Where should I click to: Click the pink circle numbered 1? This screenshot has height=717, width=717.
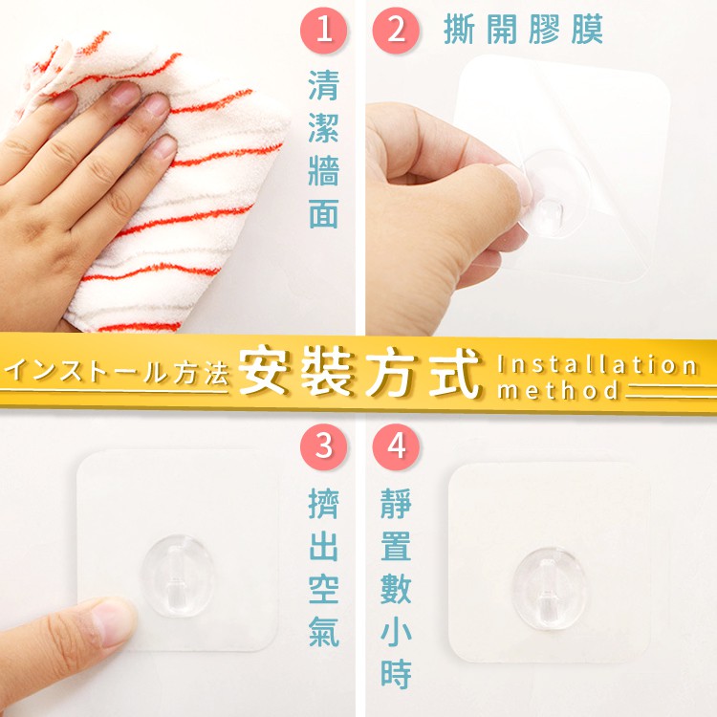324,30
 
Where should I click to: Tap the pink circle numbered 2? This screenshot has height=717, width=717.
396,30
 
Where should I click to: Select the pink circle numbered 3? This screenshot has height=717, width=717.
324,446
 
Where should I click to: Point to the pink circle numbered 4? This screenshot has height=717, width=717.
396,446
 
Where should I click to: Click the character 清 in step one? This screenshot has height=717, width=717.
324,85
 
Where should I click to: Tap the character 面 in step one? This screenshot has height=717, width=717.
324,213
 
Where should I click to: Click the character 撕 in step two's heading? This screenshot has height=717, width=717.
459,30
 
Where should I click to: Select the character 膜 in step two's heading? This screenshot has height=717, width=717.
587,30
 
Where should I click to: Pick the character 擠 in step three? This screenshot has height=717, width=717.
324,504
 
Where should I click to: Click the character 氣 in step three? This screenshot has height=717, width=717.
324,632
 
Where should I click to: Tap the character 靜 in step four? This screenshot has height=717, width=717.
396,504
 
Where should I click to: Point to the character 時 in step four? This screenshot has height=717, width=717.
396,674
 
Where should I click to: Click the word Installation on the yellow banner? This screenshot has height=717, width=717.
597,365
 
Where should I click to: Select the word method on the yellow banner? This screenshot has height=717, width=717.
558,391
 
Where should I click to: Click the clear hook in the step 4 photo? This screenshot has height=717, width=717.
550,587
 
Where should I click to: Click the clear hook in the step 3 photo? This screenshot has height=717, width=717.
178,576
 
